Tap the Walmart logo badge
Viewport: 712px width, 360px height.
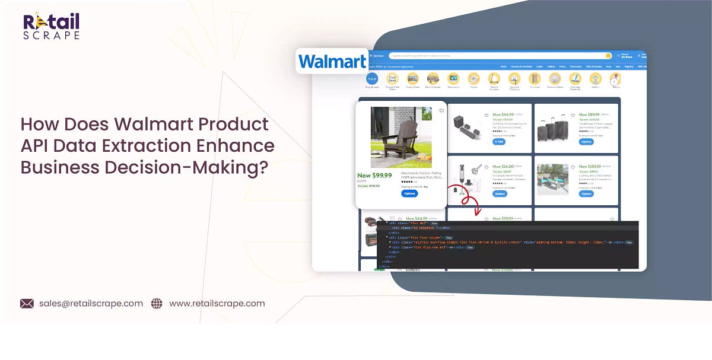[x=332, y=61]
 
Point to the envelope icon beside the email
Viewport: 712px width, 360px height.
[x=27, y=304]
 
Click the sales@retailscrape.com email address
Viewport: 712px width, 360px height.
[x=91, y=303]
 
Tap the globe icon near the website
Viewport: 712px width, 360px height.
[x=157, y=304]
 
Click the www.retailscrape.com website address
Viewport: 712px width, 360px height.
[x=217, y=303]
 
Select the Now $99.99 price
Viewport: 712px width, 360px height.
[x=374, y=176]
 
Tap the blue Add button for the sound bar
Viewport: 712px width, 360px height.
[x=499, y=142]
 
